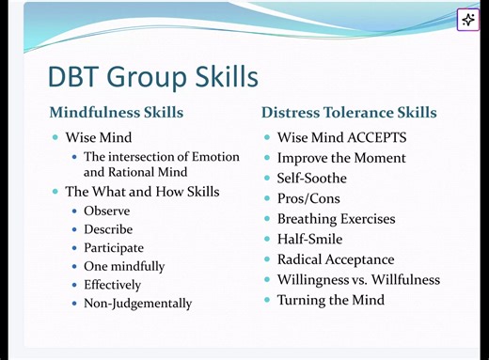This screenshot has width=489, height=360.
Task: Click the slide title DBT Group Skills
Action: point(152,76)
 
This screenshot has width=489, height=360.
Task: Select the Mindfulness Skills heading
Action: point(116,113)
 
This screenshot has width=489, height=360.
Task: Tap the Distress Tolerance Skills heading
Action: point(348,113)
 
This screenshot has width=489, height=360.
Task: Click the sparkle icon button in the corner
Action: point(468,20)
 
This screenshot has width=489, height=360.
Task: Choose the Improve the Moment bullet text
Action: point(341,158)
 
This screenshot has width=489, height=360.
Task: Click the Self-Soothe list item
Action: point(311,179)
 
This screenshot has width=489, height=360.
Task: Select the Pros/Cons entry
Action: point(308,198)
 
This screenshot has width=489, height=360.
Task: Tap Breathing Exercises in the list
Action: point(336,219)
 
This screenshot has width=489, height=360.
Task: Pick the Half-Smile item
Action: point(309,239)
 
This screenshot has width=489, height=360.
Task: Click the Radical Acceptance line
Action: point(335,259)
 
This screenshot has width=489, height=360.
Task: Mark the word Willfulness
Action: point(402,279)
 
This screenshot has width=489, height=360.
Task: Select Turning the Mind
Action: point(330,300)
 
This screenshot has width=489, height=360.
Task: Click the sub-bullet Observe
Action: point(106,211)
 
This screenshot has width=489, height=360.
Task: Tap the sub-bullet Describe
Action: point(108,229)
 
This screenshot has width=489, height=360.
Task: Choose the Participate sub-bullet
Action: point(113,248)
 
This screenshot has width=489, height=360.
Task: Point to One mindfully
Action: point(123,266)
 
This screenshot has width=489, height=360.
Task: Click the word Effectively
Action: point(112,285)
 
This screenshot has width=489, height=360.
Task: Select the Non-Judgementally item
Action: point(137,304)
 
